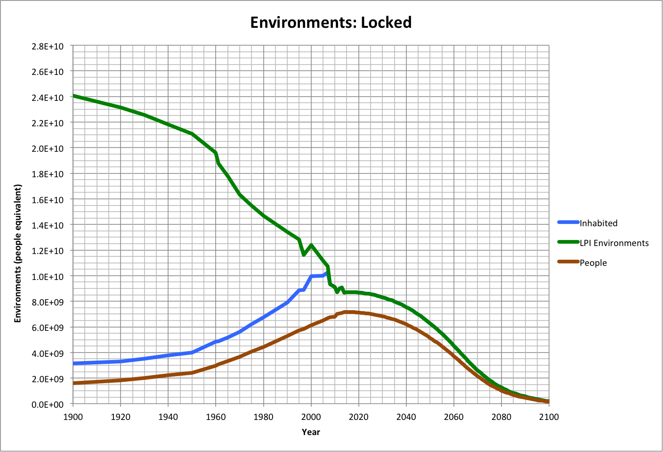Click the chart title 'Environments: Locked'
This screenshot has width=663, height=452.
coord(331,22)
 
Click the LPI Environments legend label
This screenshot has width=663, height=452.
coord(614,243)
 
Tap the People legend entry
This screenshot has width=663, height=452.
coord(593,263)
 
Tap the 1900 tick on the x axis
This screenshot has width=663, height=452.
coord(73,417)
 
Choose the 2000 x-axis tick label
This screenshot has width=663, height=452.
coord(311,417)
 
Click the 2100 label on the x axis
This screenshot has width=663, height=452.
coord(549,417)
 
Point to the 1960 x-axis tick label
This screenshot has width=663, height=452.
coord(216,417)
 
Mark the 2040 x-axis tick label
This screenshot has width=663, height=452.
coord(406,417)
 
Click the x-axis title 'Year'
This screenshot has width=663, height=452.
coord(311,432)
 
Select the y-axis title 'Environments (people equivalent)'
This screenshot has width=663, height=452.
coord(18,254)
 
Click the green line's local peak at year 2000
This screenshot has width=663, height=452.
coord(311,246)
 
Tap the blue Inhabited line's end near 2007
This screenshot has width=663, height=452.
coord(327,272)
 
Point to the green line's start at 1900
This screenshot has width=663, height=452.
coord(73,96)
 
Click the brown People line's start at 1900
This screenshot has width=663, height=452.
coord(73,383)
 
